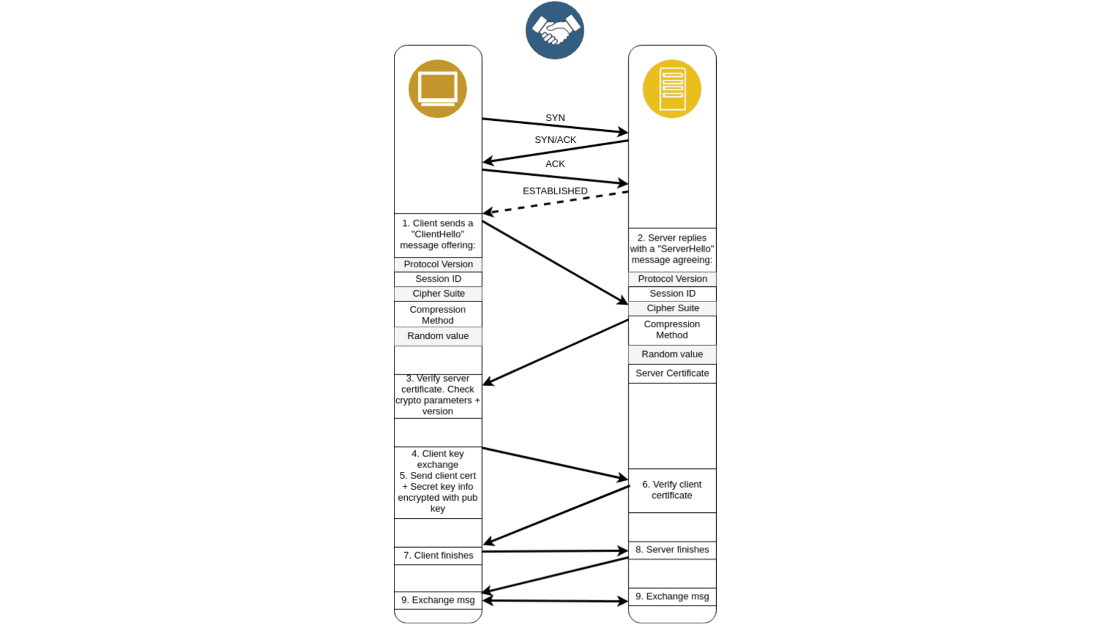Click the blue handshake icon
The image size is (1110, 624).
(554, 30)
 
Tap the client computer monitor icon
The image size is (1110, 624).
(438, 89)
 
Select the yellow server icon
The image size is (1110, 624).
(672, 89)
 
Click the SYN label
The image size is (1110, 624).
(555, 117)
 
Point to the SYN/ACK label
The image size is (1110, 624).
(555, 139)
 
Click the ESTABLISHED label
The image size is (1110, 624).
(555, 191)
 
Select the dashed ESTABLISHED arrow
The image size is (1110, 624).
(555, 202)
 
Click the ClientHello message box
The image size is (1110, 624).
(438, 235)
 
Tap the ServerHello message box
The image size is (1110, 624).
(672, 249)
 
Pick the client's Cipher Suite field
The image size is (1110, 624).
(438, 294)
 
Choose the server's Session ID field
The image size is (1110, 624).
(672, 294)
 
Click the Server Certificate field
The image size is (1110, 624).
(672, 374)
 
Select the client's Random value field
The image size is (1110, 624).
(438, 336)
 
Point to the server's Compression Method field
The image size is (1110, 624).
(672, 330)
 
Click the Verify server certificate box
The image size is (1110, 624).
(438, 396)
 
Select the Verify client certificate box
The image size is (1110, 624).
(672, 490)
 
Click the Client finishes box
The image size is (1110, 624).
(438, 556)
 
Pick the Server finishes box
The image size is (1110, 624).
(672, 550)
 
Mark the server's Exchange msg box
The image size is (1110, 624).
(672, 597)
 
